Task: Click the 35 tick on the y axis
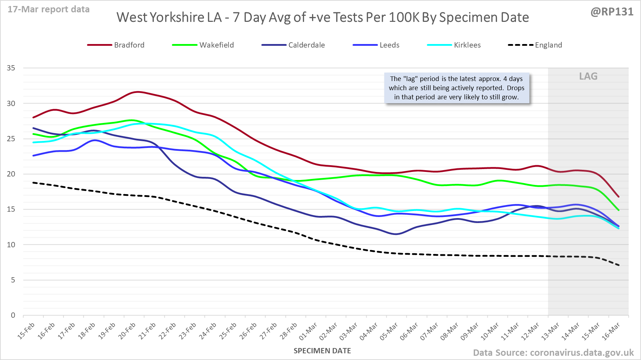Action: click(x=11, y=68)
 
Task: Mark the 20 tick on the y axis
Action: click(x=11, y=174)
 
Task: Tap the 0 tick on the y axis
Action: click(x=13, y=315)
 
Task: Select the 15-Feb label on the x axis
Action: click(x=26, y=331)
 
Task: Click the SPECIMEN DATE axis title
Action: click(x=322, y=351)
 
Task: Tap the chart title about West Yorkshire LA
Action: click(x=323, y=17)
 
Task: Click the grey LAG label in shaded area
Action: click(x=588, y=76)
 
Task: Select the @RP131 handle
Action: click(x=612, y=12)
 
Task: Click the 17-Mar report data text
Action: click(x=49, y=10)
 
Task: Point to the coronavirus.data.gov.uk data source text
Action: click(x=553, y=353)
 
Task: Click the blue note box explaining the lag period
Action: click(x=456, y=88)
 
